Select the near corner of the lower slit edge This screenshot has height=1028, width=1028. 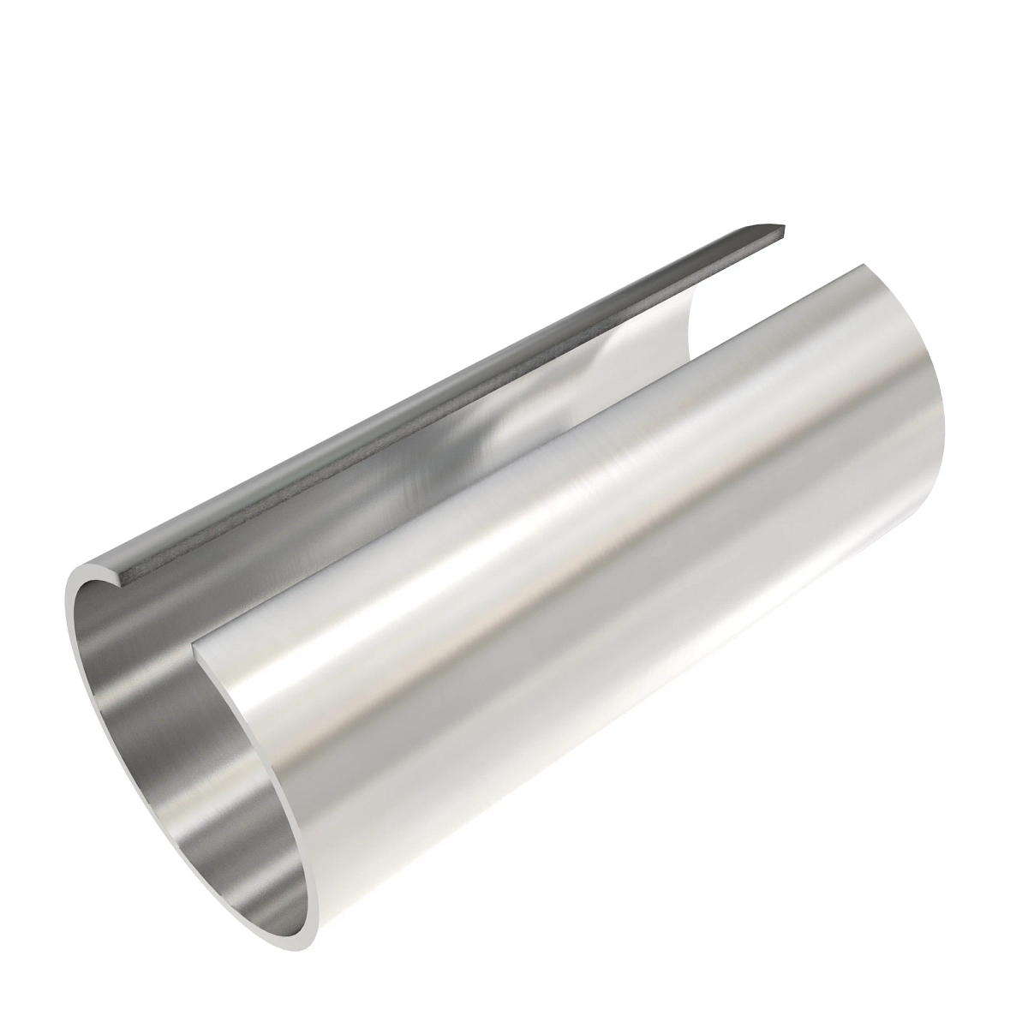tap(196, 641)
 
